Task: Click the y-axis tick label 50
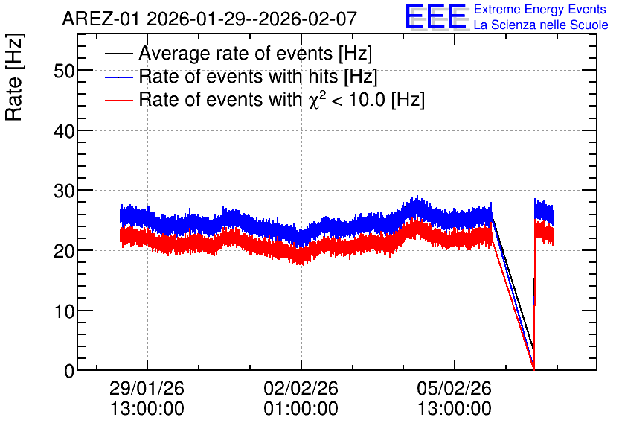point(63,71)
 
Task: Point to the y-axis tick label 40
point(63,131)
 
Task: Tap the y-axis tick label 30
point(63,191)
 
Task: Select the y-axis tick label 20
point(63,251)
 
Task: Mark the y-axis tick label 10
point(63,311)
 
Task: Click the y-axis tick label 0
point(69,371)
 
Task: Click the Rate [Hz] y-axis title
point(14,77)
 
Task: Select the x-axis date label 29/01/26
point(147,388)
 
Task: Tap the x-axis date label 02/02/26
point(301,388)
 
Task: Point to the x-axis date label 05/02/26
point(454,388)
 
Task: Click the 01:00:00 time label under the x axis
point(301,409)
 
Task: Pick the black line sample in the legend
point(118,54)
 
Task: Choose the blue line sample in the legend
point(118,77)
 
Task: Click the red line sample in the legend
point(118,100)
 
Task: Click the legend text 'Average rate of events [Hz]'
point(255,54)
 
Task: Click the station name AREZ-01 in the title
point(100,19)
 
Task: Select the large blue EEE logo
point(435,16)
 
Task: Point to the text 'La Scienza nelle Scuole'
point(541,25)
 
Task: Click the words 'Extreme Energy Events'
point(540,9)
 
